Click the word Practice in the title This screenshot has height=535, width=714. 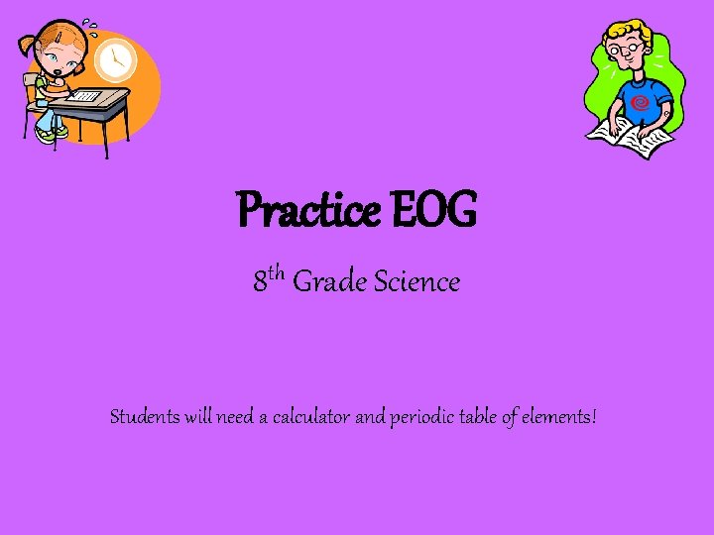tap(307, 211)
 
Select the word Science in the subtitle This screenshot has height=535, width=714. tap(416, 282)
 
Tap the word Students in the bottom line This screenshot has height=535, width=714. tap(145, 417)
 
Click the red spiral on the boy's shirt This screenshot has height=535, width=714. tap(640, 100)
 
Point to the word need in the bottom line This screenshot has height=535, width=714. tap(234, 417)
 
